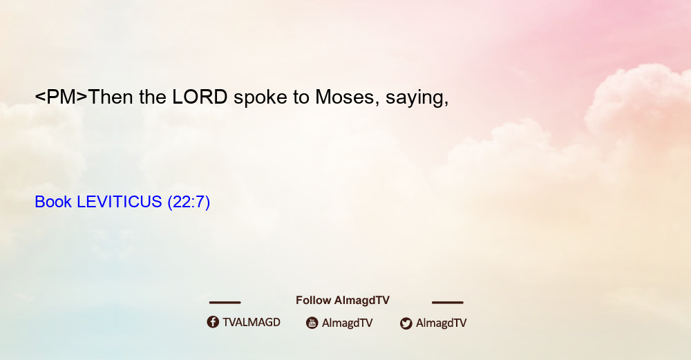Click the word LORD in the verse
tap(200, 97)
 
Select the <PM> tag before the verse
tap(61, 97)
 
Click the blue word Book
tap(53, 202)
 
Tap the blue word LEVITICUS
tap(120, 202)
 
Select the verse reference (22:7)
tap(189, 202)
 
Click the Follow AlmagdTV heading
tap(343, 300)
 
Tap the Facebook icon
tap(213, 322)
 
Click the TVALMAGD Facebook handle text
tap(252, 322)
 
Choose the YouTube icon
tap(312, 323)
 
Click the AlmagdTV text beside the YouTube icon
tap(348, 323)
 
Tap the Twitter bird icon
tap(406, 323)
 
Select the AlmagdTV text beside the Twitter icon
tap(441, 323)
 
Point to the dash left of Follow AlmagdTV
tap(225, 302)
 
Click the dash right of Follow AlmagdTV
tap(448, 302)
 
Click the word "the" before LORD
tap(153, 97)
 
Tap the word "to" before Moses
tap(301, 97)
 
